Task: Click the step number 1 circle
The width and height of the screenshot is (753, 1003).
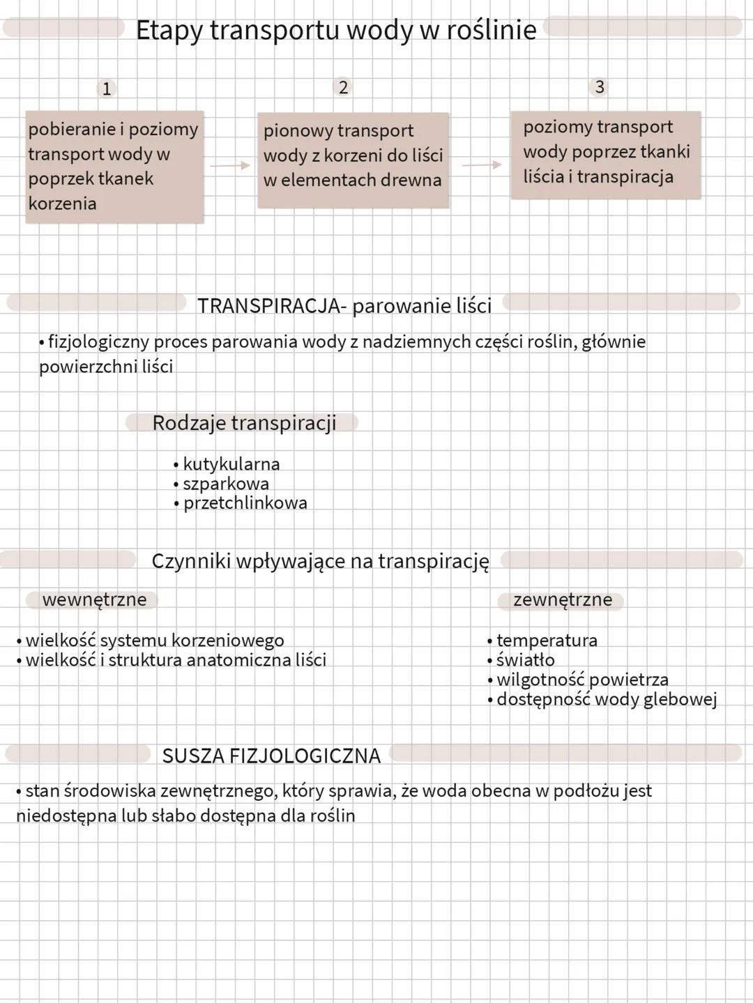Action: coord(107,89)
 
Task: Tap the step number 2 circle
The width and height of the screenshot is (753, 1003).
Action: coord(343,87)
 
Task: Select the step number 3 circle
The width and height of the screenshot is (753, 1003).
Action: coord(599,86)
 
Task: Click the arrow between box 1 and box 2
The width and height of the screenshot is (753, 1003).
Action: coord(230,165)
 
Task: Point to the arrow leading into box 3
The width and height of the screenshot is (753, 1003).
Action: coord(482,164)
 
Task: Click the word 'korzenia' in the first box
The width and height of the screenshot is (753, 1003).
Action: coord(62,204)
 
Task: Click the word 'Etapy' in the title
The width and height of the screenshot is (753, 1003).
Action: coord(168,31)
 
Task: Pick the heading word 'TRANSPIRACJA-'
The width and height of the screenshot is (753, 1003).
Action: coord(272,306)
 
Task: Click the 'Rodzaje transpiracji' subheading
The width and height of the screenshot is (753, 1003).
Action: coord(244,423)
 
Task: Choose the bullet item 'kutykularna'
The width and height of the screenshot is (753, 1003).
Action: coord(231,464)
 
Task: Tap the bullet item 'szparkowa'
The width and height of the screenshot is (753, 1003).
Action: coord(225,484)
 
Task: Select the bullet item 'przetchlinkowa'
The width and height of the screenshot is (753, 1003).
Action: coord(245,503)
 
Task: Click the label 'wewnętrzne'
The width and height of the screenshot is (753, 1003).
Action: coord(94,599)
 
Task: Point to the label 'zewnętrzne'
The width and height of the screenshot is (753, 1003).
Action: coord(563,599)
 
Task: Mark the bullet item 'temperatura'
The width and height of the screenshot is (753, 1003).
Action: coord(547,641)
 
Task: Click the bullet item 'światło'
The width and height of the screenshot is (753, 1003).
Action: coord(525,660)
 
